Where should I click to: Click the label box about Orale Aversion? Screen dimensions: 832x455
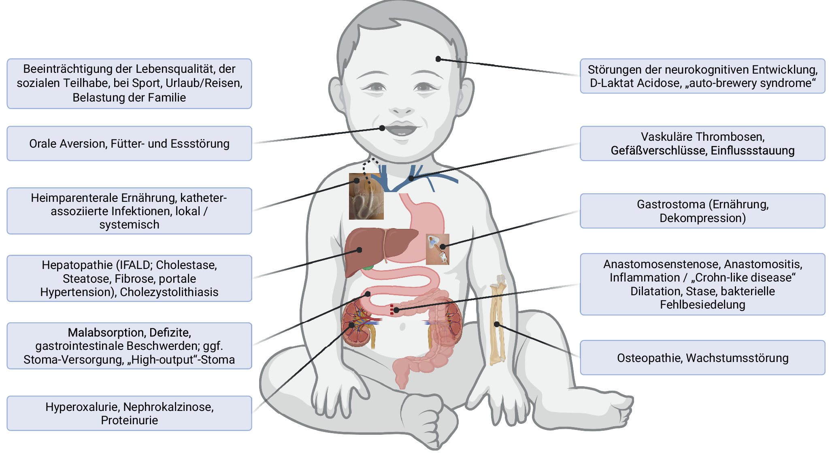coord(129,144)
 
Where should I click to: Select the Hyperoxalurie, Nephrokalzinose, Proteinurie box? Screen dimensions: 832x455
coord(129,413)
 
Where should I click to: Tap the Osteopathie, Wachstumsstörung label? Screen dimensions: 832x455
coord(702,358)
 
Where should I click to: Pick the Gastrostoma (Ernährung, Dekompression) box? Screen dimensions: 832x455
coord(702,211)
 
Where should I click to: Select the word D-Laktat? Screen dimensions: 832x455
coord(613,83)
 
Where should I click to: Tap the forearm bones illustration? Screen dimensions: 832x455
coord(498,320)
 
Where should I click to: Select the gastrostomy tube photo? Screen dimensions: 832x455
coord(437,249)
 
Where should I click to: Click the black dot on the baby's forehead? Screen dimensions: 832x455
coord(438,59)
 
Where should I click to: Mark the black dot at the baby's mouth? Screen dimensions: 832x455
coord(382,128)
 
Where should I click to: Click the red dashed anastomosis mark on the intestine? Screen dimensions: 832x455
coord(392,309)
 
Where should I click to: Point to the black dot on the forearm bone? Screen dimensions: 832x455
coord(496,324)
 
